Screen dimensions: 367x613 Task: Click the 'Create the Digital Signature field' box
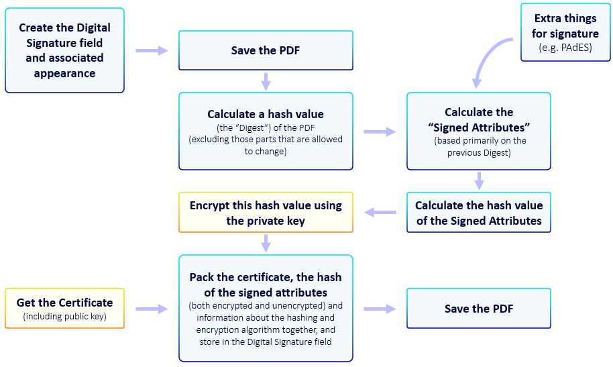tap(64, 50)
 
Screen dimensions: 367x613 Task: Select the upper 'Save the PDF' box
tap(266, 50)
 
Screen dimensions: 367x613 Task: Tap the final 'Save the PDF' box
tap(478, 309)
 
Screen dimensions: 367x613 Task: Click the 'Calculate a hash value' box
tap(266, 131)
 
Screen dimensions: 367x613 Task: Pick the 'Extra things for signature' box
tap(565, 32)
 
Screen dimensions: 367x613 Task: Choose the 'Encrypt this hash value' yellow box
tap(266, 213)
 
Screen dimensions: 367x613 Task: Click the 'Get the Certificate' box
tap(64, 309)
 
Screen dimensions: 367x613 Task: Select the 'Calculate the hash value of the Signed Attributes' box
tap(478, 213)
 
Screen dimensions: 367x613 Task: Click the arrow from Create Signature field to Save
tap(152, 50)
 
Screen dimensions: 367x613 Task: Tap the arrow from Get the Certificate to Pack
tap(152, 309)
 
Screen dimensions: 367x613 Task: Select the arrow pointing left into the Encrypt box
tap(380, 213)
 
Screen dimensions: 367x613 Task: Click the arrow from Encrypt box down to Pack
tap(266, 243)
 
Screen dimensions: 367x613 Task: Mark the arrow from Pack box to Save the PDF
tap(380, 309)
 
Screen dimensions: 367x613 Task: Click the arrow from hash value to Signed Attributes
tap(380, 132)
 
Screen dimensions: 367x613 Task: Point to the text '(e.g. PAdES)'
tap(565, 48)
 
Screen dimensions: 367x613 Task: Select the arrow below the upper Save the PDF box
tap(266, 81)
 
